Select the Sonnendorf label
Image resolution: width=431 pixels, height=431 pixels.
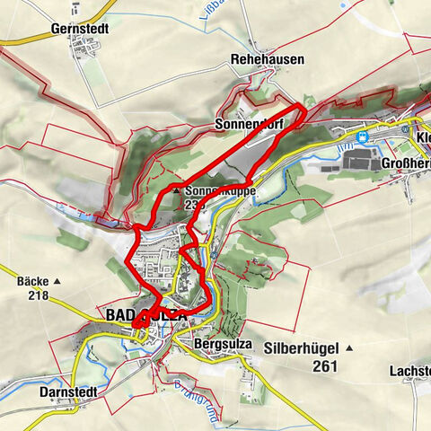pyautogui.click(x=249, y=124)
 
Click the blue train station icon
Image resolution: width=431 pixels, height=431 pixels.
pyautogui.click(x=362, y=137)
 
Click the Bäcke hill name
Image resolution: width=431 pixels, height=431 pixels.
pyautogui.click(x=31, y=281)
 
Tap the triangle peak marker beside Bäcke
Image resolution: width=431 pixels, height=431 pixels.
pyautogui.click(x=57, y=281)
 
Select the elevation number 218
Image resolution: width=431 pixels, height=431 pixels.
pyautogui.click(x=38, y=295)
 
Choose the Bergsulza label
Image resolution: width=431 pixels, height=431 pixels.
pyautogui.click(x=221, y=344)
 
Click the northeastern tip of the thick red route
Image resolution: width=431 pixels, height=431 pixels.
pyautogui.click(x=306, y=108)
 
